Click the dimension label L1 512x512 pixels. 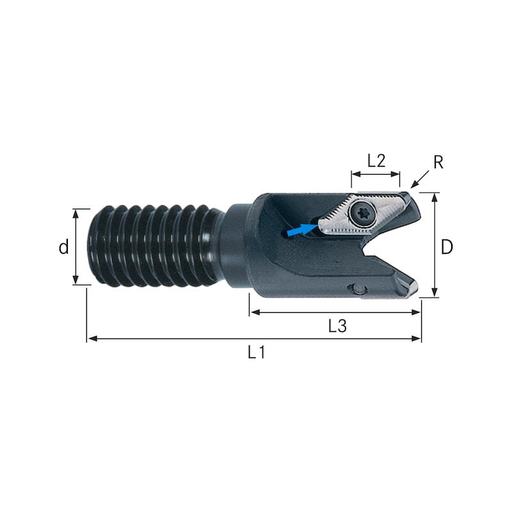(x=257, y=352)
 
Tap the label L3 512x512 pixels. (x=337, y=326)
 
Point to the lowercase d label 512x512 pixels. (x=63, y=247)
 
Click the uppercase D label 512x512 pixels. (x=447, y=247)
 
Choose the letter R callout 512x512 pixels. (x=438, y=163)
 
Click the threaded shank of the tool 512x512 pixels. (x=154, y=246)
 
